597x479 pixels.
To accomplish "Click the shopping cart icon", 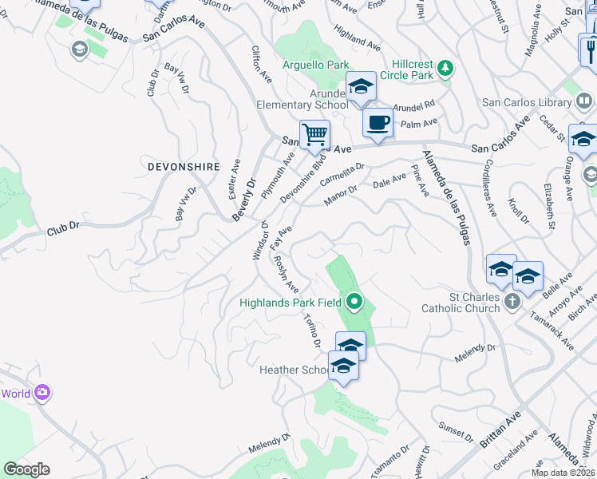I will tap(315, 134).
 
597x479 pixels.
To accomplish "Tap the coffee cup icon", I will tap(378, 122).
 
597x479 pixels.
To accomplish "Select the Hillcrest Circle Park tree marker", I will tap(445, 69).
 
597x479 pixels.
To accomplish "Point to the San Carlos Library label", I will tap(528, 103).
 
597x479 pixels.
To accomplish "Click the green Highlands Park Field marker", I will tap(354, 302).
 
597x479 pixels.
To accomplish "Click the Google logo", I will tap(26, 469).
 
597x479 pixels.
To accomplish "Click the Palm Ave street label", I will tap(420, 123).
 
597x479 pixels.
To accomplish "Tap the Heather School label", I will tap(292, 370).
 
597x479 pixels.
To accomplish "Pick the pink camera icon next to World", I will tap(42, 393).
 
